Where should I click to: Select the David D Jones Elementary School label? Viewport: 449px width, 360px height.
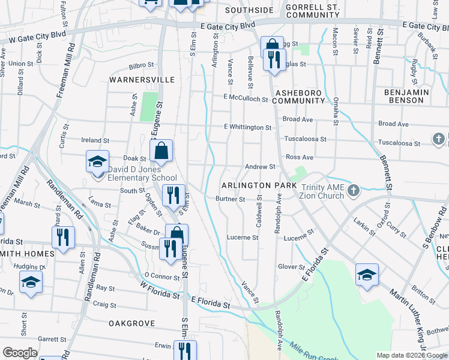click(142, 173)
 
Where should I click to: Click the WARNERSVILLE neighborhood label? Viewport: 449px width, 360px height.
click(142, 79)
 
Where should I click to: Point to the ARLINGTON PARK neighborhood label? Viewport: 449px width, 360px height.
click(259, 186)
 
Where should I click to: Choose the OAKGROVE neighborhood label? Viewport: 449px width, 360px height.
click(132, 323)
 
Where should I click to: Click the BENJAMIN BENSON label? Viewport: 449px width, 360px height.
click(415, 96)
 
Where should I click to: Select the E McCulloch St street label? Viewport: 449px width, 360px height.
click(245, 98)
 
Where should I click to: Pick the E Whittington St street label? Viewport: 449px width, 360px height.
click(247, 127)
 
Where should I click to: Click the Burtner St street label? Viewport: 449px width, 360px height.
click(231, 199)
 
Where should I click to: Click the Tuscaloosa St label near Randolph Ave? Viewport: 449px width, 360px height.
click(305, 139)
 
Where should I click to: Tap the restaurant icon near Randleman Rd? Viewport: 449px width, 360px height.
click(63, 238)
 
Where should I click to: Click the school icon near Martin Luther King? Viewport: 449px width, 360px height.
click(367, 275)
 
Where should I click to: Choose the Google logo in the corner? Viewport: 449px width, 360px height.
click(20, 353)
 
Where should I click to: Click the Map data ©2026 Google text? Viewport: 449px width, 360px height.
click(411, 355)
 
